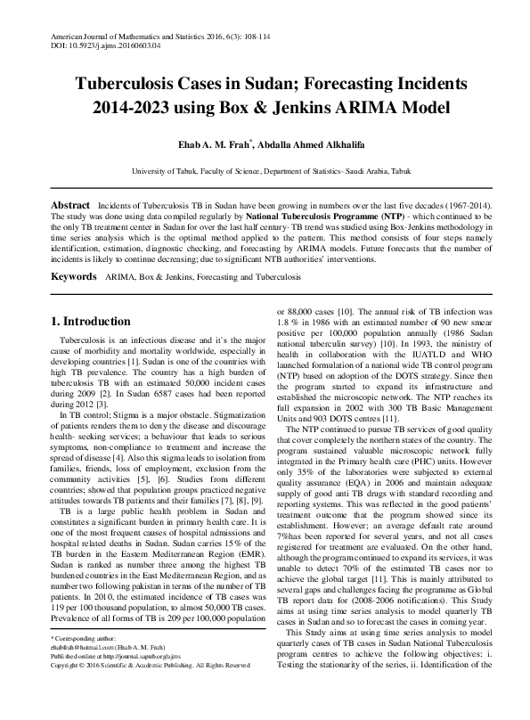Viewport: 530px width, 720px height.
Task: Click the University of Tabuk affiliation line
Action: [x=265, y=170]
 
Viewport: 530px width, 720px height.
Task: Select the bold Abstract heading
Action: [x=70, y=206]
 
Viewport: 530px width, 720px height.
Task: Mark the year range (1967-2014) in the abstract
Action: [x=457, y=206]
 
